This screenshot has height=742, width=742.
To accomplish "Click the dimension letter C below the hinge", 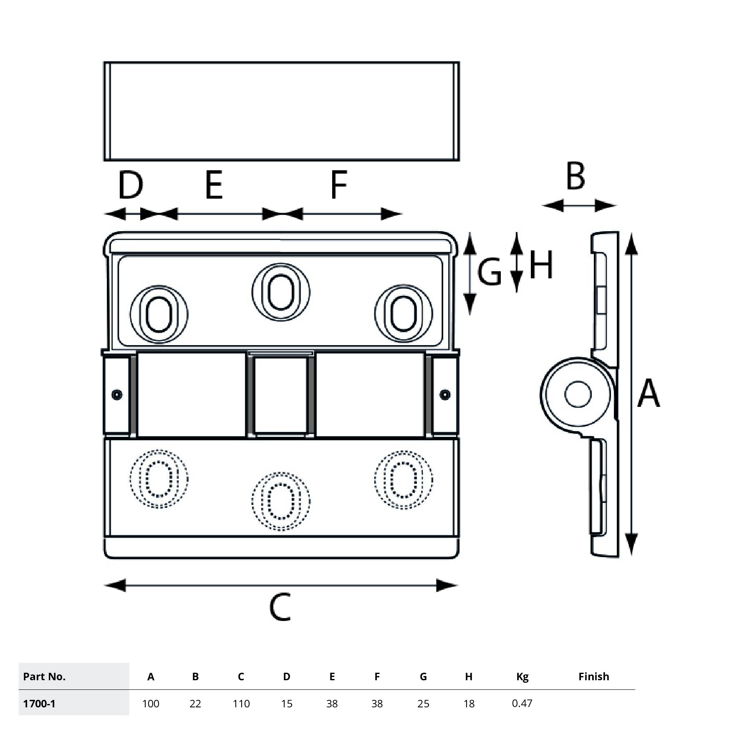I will click(x=280, y=608).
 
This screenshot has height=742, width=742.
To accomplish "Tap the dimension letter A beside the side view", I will click(x=649, y=393).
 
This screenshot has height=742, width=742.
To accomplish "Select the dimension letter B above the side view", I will click(x=575, y=177).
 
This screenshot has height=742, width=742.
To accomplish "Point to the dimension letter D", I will click(x=130, y=185).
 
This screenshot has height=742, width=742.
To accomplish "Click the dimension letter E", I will click(x=214, y=185).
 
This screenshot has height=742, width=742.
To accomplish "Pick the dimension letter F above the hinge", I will click(x=338, y=185).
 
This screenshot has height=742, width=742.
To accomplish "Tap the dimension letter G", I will click(x=489, y=272).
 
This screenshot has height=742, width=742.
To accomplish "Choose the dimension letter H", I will click(x=541, y=265).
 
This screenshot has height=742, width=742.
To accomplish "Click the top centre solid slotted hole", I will click(x=280, y=292).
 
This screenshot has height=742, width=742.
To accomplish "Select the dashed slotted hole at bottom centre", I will click(x=280, y=501).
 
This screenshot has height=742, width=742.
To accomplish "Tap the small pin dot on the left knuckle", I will click(x=117, y=394).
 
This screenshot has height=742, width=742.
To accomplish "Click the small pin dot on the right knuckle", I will click(x=445, y=394).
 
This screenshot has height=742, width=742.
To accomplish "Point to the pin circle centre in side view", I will click(x=578, y=394).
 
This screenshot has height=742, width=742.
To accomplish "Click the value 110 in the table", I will click(x=241, y=704).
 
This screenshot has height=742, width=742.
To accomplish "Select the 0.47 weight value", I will click(x=522, y=703).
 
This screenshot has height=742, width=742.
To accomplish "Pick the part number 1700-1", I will click(x=39, y=704).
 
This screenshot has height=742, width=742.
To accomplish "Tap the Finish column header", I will click(x=593, y=676).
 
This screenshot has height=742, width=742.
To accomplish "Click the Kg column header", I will click(x=522, y=677).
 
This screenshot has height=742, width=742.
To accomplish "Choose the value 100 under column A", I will click(x=151, y=704).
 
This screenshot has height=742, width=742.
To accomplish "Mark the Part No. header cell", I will click(x=44, y=676).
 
